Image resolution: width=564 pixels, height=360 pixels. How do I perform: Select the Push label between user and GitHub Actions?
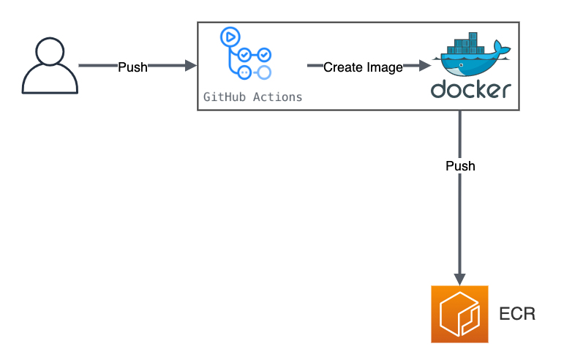[132, 67]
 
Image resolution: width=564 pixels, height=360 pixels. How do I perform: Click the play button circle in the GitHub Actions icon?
[231, 37]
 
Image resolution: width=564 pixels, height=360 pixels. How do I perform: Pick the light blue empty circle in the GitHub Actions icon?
[264, 72]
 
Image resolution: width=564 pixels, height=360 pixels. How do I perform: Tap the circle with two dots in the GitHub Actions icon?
[245, 72]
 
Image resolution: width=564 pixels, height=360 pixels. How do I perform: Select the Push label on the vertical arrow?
[460, 166]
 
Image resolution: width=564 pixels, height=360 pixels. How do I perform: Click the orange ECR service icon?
[459, 315]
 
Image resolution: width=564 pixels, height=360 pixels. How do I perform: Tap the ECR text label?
[517, 315]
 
